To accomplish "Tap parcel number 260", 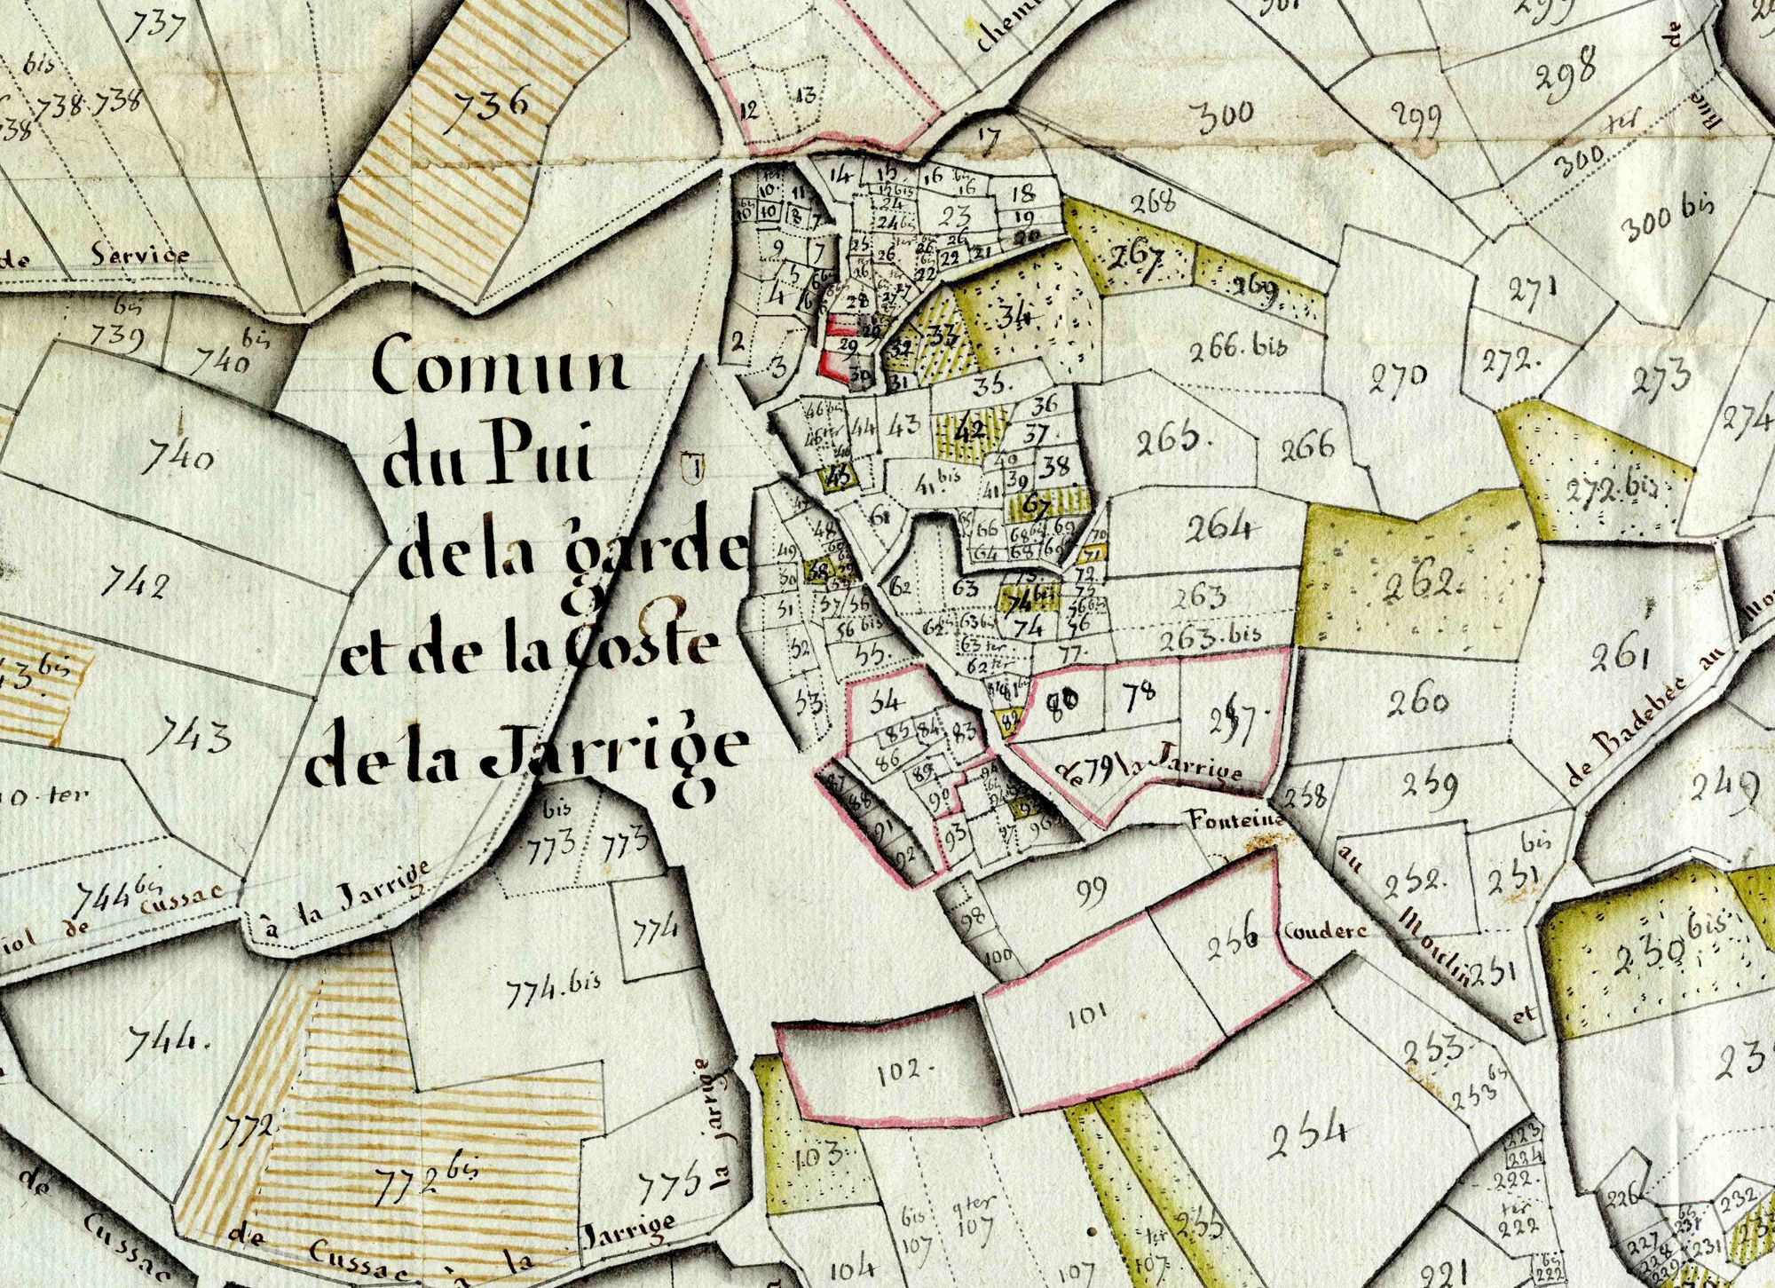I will click(1418, 702).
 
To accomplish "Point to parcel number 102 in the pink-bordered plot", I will click(903, 1072).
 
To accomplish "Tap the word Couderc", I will click(1322, 932).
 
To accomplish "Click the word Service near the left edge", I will click(140, 256).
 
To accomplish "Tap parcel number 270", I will click(1399, 380).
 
